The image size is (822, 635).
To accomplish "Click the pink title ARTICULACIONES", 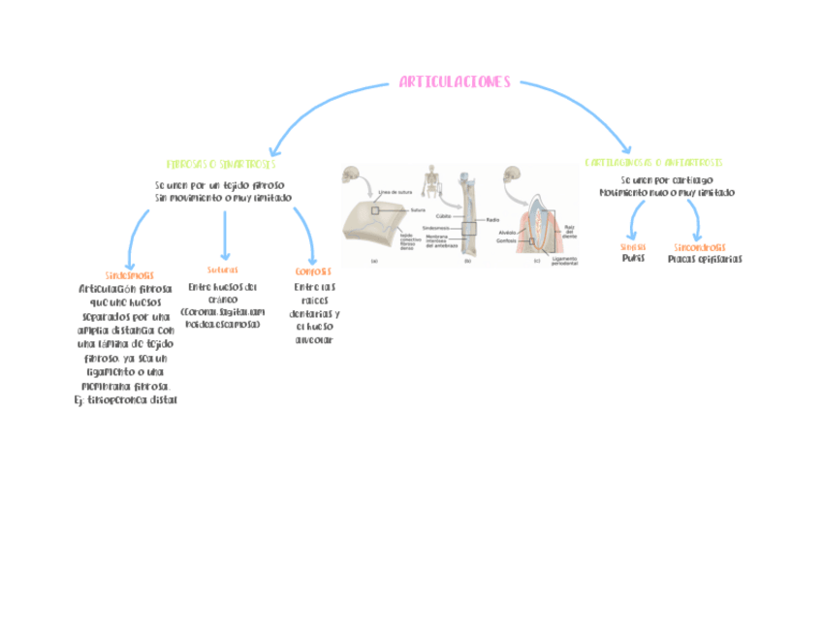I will [454, 83].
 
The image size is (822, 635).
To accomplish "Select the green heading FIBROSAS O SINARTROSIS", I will [221, 165].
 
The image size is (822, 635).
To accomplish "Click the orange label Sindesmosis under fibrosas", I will [129, 275].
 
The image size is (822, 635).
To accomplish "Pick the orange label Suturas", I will [222, 270].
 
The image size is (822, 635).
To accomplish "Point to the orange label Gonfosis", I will [313, 271].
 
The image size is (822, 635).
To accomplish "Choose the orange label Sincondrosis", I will [699, 247].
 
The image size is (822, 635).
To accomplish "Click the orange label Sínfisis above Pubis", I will [633, 247].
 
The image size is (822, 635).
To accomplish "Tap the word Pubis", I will [633, 259].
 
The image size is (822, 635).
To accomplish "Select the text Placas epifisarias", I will [705, 259].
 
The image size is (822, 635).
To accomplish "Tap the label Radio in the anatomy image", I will [491, 220].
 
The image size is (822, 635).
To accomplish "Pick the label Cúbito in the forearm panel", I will [443, 215].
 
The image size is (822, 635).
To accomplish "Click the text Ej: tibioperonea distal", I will [126, 399].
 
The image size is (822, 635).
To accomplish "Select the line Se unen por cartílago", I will [666, 180].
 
